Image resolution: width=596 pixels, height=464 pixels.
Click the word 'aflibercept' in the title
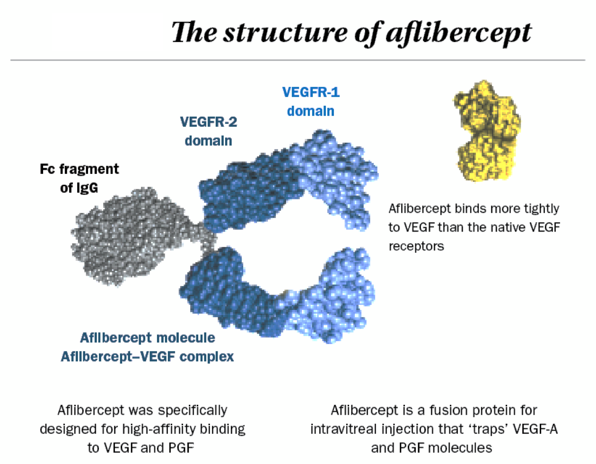[x=458, y=34]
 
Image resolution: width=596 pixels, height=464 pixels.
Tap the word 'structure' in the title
[x=286, y=33]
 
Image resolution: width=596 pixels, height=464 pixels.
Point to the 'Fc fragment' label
[x=79, y=169]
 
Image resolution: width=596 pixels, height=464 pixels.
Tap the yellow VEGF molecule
[x=486, y=131]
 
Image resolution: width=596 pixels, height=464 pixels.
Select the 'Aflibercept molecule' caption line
[x=148, y=338]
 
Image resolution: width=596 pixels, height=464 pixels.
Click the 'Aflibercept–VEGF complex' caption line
[x=147, y=357]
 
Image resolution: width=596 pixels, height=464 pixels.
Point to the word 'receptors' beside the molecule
[x=416, y=247]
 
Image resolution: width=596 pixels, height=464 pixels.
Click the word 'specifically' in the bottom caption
[x=193, y=411]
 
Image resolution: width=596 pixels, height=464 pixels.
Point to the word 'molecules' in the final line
[x=460, y=448]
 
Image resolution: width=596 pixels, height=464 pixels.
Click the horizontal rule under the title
[x=298, y=60]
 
